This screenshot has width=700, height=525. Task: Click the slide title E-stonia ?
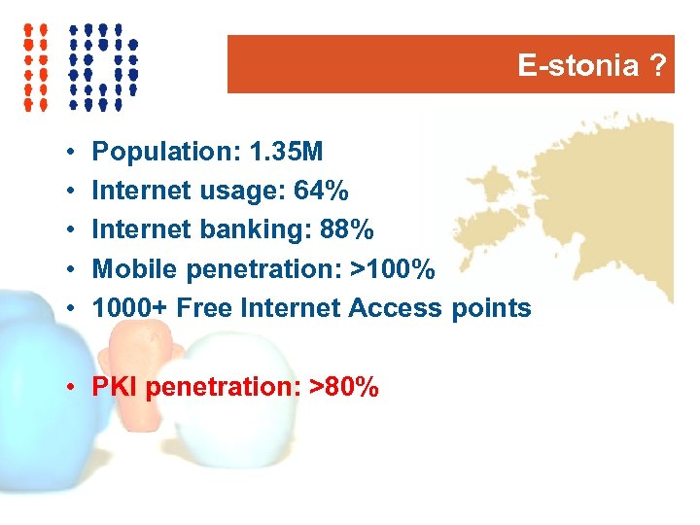[592, 66]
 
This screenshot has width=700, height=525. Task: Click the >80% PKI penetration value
[343, 387]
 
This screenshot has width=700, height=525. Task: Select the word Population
[166, 152]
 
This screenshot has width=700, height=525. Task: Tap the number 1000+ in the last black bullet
[130, 308]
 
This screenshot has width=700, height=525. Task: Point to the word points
[491, 308]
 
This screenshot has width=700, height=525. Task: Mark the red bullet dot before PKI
[73, 388]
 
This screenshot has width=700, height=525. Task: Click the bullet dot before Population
[73, 153]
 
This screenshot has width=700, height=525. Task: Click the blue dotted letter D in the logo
[103, 65]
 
